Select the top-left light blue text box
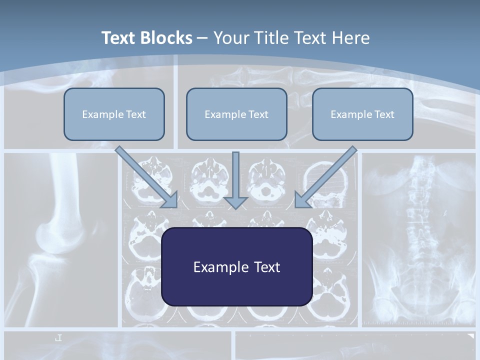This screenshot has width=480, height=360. pyautogui.click(x=114, y=114)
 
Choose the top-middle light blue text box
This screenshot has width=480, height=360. pyautogui.click(x=236, y=114)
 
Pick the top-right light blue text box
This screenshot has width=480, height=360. pyautogui.click(x=362, y=114)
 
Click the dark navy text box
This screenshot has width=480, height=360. pyautogui.click(x=236, y=266)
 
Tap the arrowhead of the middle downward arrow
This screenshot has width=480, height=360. pyautogui.click(x=235, y=202)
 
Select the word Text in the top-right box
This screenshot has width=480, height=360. pyautogui.click(x=384, y=114)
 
